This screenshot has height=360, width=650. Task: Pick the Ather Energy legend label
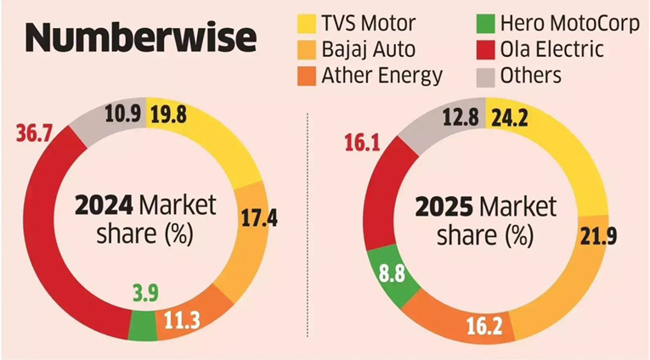[x=383, y=76]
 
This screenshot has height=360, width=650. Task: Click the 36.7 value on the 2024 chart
[x=35, y=134]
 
